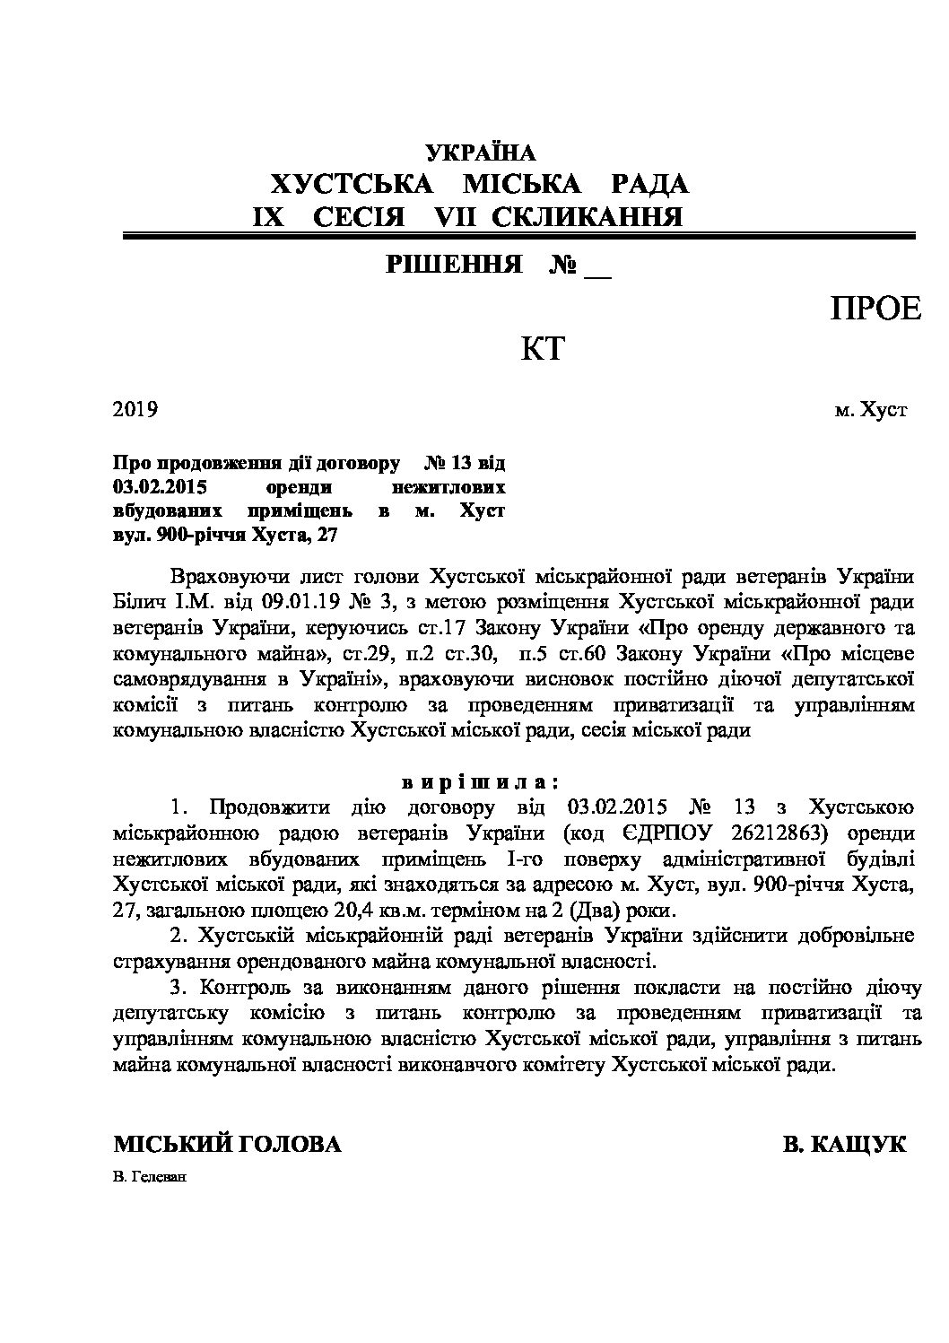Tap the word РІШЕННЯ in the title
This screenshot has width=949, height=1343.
455,265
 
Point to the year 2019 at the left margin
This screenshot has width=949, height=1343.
135,410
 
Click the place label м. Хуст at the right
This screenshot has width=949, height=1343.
870,410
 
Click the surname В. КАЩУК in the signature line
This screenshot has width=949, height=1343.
844,1145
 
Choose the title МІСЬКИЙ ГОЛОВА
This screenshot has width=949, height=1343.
227,1145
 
